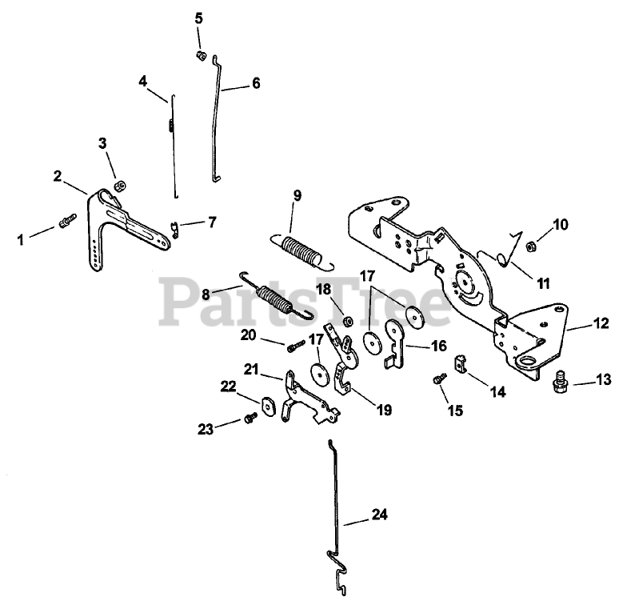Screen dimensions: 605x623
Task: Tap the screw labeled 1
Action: (66, 218)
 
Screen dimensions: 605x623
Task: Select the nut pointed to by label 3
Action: (119, 185)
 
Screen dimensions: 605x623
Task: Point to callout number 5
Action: (199, 17)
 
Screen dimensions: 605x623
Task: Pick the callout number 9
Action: (298, 195)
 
